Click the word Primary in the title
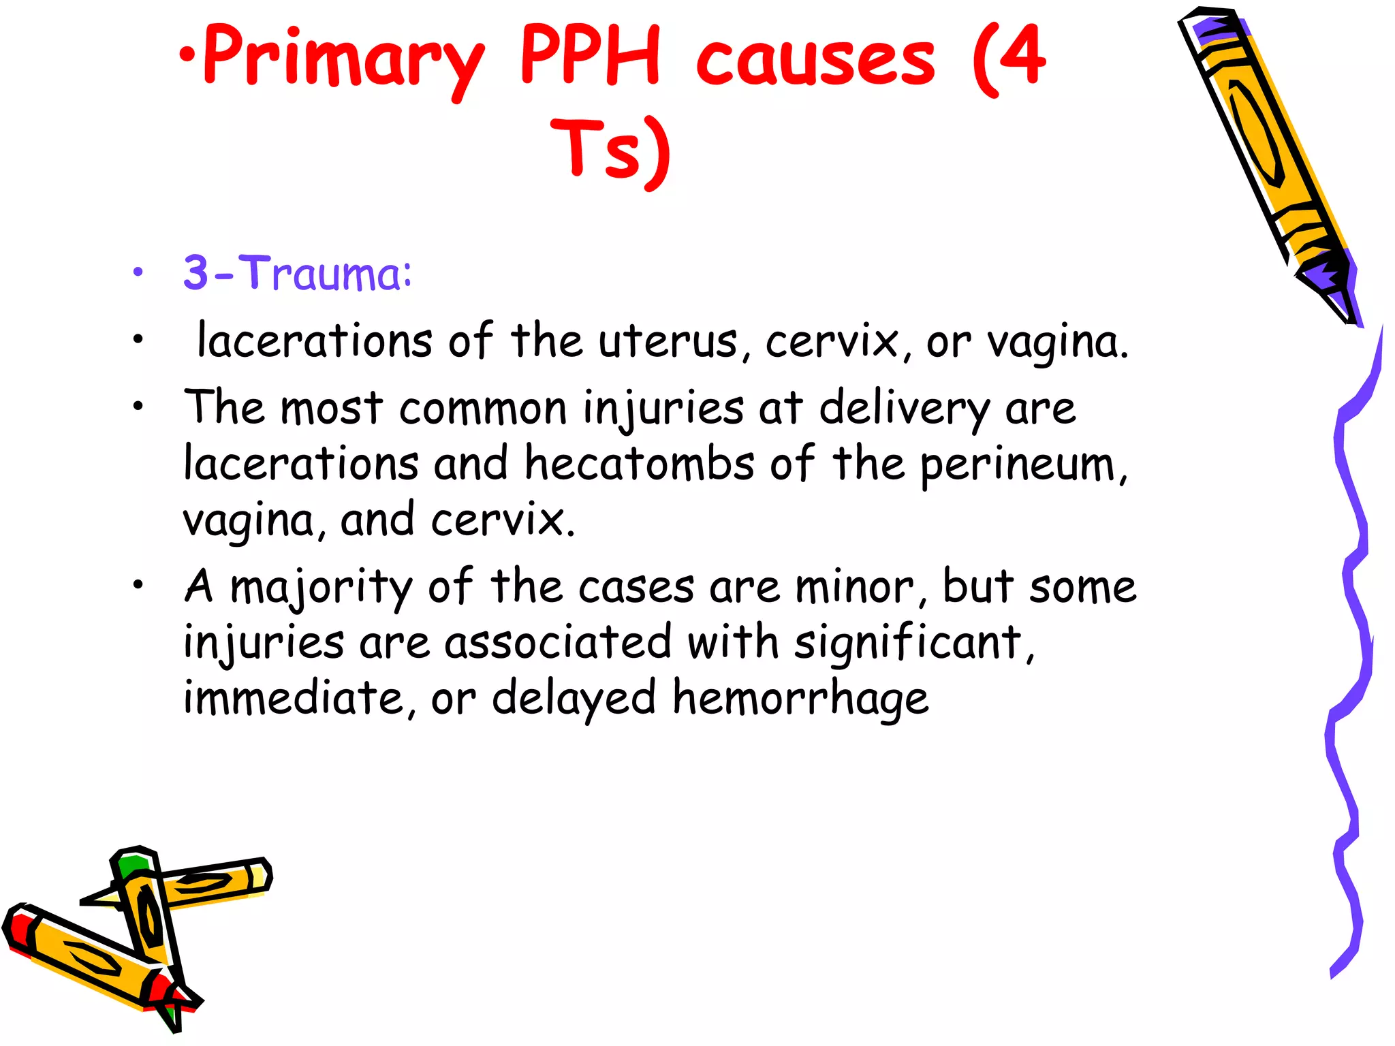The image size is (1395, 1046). pyautogui.click(x=344, y=58)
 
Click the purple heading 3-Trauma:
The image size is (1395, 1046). pyautogui.click(x=298, y=273)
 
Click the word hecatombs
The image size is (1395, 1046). pyautogui.click(x=640, y=464)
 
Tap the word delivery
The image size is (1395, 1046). pyautogui.click(x=904, y=409)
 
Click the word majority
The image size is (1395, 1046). pyautogui.click(x=321, y=588)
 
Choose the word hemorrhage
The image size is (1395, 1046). pyautogui.click(x=800, y=699)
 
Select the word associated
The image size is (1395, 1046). pyautogui.click(x=558, y=642)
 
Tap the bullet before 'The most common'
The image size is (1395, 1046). pyautogui.click(x=139, y=407)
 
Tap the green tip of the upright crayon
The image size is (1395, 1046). pyautogui.click(x=130, y=864)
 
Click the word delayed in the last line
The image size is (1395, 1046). pyautogui.click(x=574, y=699)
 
